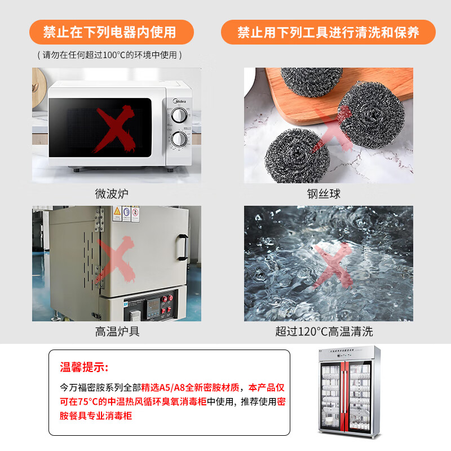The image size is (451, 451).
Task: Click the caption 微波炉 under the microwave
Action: (x=112, y=193)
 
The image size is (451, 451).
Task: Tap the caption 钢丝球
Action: (x=324, y=193)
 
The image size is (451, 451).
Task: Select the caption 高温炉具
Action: (x=117, y=331)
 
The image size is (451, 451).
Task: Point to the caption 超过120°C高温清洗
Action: (x=324, y=331)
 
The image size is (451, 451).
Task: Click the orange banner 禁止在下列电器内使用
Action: (x=112, y=32)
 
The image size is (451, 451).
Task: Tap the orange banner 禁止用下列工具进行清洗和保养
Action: (x=328, y=32)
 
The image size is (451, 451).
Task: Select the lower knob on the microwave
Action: (x=179, y=139)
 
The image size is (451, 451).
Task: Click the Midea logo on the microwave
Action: (x=179, y=101)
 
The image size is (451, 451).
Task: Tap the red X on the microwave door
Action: (x=114, y=129)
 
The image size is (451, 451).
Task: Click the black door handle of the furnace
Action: (x=182, y=247)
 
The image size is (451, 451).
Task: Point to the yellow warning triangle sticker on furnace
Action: (x=117, y=213)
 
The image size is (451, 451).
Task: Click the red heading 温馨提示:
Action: (x=84, y=367)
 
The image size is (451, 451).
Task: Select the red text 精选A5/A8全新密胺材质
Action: (x=190, y=387)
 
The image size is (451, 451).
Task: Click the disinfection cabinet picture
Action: (x=349, y=392)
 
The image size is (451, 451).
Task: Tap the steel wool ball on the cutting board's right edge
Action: (x=372, y=116)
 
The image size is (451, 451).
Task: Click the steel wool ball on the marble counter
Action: (x=297, y=156)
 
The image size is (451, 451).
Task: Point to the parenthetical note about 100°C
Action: (x=109, y=55)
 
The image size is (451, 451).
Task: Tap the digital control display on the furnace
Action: (x=153, y=304)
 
